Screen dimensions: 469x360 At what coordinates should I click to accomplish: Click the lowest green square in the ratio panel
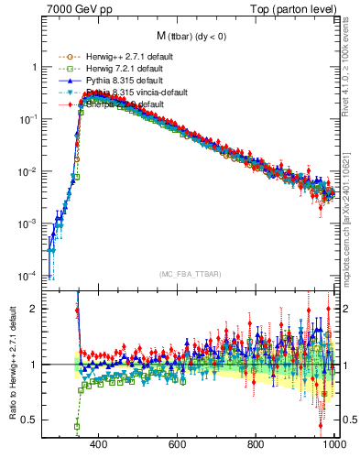(x=77, y=426)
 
